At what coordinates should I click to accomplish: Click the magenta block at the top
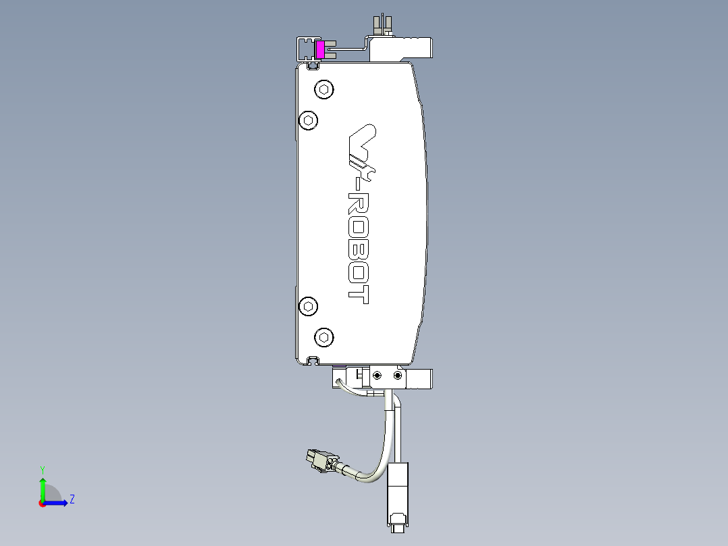(320, 49)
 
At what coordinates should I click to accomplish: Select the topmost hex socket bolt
(324, 89)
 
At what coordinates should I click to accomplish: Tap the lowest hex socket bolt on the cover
(324, 337)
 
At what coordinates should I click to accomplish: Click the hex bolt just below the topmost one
(308, 120)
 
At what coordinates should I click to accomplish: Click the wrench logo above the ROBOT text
(363, 149)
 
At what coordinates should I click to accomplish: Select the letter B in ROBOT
(359, 249)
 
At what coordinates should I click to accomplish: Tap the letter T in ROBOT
(359, 295)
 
